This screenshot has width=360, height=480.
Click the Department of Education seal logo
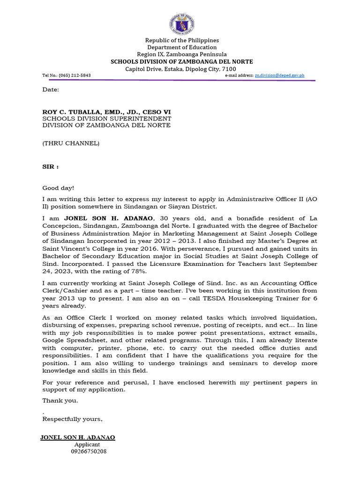(x=181, y=24)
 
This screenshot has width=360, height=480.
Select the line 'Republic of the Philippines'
(x=182, y=40)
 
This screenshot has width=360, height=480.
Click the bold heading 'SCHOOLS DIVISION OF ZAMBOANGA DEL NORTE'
(x=181, y=61)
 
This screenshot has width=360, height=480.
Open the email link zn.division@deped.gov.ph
(x=279, y=75)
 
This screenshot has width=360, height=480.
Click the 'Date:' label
(x=51, y=90)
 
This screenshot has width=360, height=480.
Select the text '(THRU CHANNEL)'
(x=71, y=143)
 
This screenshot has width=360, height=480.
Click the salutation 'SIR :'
(x=51, y=166)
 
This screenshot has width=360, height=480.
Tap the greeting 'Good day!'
(x=58, y=188)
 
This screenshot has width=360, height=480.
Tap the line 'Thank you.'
(x=60, y=400)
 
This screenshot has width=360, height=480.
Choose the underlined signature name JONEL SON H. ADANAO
(x=78, y=437)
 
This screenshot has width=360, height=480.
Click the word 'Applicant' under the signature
(x=87, y=444)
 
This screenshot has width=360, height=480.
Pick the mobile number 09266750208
(x=89, y=451)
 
